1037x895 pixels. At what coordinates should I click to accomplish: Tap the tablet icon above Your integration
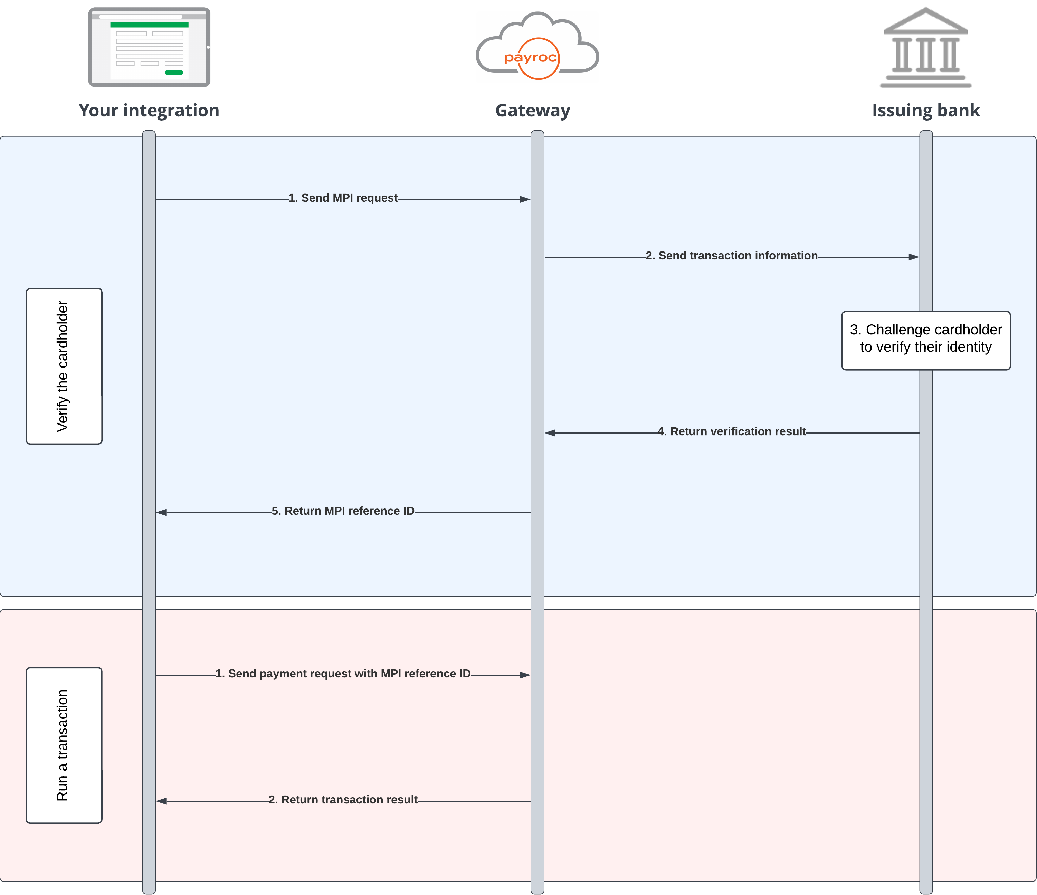coord(149,47)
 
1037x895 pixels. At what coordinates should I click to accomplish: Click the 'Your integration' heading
coord(149,110)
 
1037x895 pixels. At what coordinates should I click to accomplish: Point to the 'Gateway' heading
coord(533,110)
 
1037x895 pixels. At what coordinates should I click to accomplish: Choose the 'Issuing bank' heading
coord(925,110)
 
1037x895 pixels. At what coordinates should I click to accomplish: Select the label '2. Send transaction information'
coord(731,255)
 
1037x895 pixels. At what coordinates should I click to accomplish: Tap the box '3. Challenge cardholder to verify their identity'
coord(925,340)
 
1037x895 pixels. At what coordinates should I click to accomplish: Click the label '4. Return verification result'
coord(731,431)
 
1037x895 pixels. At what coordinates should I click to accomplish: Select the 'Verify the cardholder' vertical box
coord(64,366)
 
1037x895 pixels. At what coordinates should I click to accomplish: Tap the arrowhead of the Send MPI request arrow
coord(525,199)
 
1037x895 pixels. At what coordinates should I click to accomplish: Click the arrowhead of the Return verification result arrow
coord(550,432)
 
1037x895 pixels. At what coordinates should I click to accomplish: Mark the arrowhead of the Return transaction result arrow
coord(161,801)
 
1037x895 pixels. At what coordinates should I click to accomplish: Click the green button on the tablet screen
coord(174,73)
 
